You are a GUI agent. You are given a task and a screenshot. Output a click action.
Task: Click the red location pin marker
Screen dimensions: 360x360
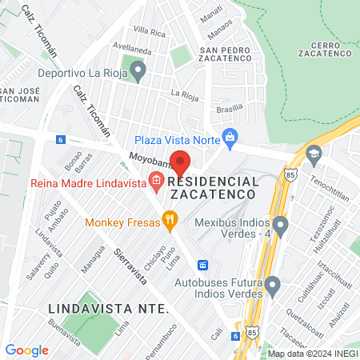tap(181, 162)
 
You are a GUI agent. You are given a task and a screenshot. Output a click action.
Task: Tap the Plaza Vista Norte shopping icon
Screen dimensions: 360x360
tap(230, 137)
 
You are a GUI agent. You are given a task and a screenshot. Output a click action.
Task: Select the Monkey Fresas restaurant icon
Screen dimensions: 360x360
tap(169, 218)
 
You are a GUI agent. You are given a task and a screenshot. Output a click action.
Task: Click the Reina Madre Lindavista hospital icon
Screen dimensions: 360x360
tap(155, 183)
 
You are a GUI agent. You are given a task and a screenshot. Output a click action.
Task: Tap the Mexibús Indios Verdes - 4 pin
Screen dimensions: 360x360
tap(280, 226)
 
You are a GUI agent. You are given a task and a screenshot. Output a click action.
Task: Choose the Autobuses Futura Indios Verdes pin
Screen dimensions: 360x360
tap(273, 284)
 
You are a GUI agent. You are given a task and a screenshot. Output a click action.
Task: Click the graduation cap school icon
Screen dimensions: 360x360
tap(314, 153)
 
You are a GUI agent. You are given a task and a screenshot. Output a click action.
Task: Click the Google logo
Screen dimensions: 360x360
tap(27, 350)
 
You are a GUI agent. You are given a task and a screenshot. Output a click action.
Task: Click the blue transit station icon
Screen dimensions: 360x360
tap(204, 265)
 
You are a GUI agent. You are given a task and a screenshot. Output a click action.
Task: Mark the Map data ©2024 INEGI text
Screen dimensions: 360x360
tap(312, 353)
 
